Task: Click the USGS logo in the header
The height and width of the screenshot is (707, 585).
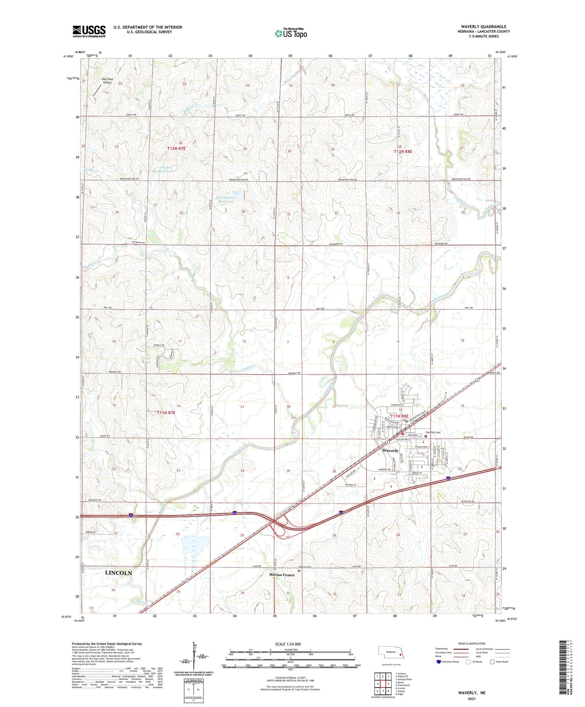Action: click(x=89, y=31)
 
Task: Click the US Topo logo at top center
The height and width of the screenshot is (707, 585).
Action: click(x=291, y=33)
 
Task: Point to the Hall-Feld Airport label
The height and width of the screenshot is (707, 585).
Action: click(x=106, y=81)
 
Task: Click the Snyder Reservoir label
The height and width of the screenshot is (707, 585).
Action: click(x=162, y=169)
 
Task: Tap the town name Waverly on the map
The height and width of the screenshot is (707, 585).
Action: click(x=390, y=450)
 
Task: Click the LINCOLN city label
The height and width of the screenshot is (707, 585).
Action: click(x=118, y=573)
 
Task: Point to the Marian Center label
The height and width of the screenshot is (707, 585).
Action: click(x=282, y=575)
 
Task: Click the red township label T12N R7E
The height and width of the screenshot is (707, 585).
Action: click(x=177, y=149)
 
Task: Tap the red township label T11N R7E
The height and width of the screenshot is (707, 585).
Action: click(x=166, y=413)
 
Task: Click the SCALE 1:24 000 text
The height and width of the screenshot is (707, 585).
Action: click(x=288, y=644)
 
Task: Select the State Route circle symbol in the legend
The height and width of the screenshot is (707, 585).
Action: click(x=492, y=662)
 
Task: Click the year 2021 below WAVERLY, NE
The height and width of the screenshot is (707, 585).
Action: click(x=472, y=699)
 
